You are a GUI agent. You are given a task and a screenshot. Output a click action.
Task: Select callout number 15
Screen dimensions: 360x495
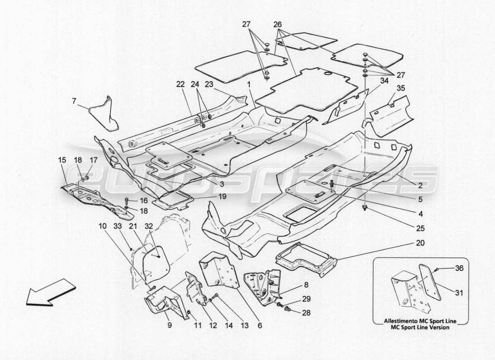point(62,160)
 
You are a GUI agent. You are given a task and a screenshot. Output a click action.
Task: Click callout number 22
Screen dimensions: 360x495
point(180,85)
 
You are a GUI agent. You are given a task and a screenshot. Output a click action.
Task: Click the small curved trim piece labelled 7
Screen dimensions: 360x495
point(105,112)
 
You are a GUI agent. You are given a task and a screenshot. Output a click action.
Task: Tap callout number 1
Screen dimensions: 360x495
point(248,85)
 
